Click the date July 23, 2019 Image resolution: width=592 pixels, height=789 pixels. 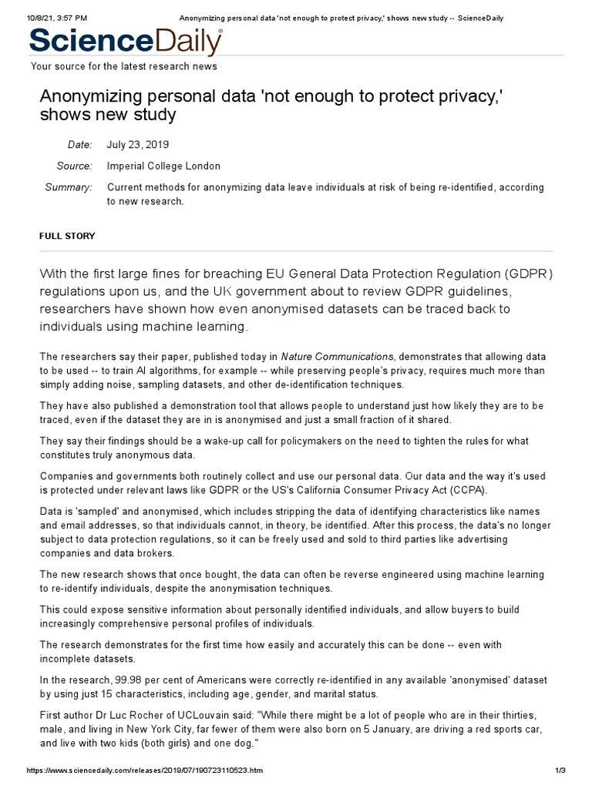[138, 145]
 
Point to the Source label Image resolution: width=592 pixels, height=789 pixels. [74, 166]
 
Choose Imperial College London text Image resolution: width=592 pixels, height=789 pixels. [163, 166]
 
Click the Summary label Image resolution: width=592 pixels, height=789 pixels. [69, 187]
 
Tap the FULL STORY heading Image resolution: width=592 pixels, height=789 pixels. [67, 236]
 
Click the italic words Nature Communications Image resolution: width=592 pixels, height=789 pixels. [337, 356]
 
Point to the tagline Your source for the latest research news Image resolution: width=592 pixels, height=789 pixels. [123, 66]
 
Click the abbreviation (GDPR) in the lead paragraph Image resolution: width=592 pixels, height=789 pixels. [526, 274]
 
